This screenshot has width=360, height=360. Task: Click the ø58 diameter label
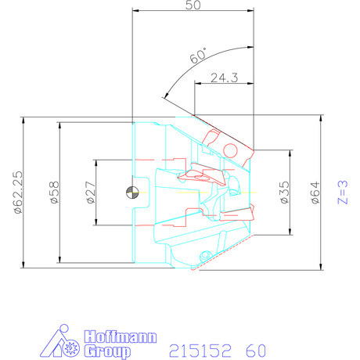click(54, 193)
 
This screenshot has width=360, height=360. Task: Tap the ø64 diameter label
click(315, 192)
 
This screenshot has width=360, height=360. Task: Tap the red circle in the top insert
click(231, 149)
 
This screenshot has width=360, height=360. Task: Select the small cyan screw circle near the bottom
click(204, 254)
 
